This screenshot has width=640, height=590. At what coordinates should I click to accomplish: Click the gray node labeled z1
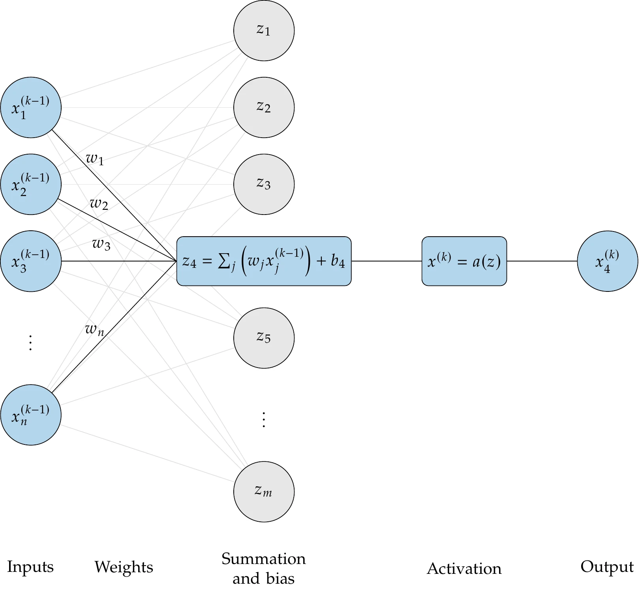click(x=264, y=30)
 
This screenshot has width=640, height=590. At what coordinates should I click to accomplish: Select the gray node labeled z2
click(x=264, y=107)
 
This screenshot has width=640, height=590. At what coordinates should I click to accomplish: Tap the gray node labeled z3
click(x=264, y=184)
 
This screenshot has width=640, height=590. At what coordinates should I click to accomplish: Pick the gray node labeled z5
click(x=264, y=338)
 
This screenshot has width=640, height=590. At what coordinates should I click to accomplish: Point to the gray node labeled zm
click(x=264, y=492)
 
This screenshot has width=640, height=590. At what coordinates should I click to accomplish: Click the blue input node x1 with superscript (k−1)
click(x=31, y=107)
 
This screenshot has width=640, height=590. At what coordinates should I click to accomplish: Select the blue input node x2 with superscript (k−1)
click(x=31, y=184)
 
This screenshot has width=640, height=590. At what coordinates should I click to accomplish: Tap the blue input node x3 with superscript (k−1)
click(x=31, y=261)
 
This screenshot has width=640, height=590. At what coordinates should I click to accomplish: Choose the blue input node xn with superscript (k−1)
click(x=31, y=415)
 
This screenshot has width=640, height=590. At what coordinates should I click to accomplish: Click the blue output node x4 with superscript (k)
click(x=607, y=261)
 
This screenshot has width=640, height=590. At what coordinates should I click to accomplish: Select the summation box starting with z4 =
click(x=264, y=261)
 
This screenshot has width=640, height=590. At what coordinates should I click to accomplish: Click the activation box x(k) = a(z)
click(x=464, y=261)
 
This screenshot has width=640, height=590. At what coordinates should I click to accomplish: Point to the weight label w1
click(x=95, y=159)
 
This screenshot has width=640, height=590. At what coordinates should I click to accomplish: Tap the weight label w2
click(x=99, y=204)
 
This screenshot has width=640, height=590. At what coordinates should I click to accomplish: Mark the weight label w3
click(x=101, y=244)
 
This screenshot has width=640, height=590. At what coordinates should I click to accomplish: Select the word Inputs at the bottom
click(x=30, y=567)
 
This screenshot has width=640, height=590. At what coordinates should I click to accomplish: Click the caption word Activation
click(x=464, y=569)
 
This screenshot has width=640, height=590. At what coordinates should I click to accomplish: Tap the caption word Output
click(x=607, y=567)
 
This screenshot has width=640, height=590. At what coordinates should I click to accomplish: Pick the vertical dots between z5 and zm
click(x=264, y=420)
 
